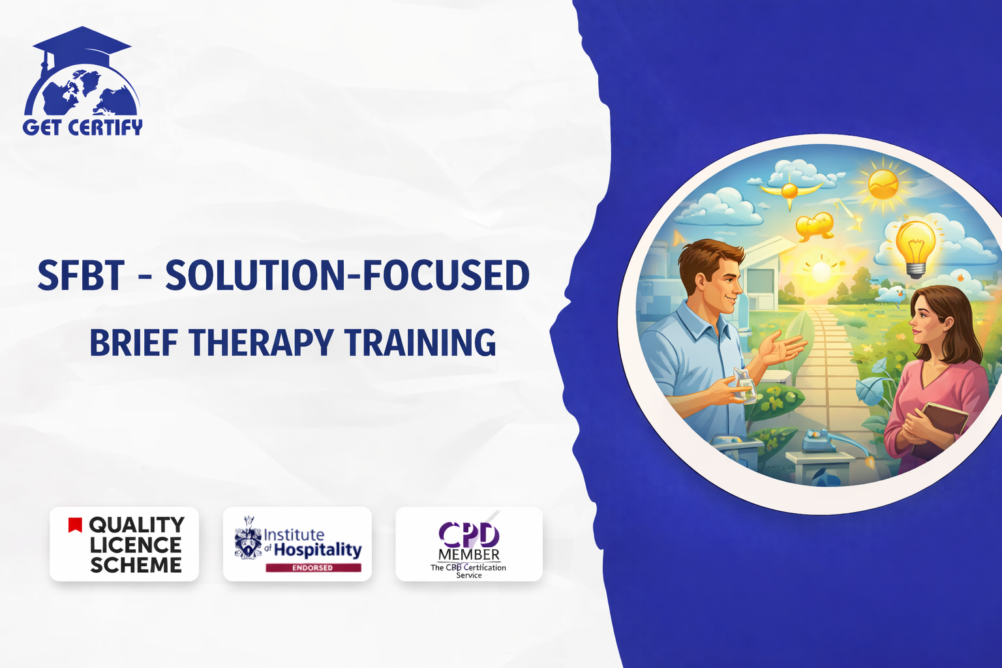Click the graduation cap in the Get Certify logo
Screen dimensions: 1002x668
82,45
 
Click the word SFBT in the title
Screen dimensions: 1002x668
80,275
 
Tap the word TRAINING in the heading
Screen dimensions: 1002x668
420,342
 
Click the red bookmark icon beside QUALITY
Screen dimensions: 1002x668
75,525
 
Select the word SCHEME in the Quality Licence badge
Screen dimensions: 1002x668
136,565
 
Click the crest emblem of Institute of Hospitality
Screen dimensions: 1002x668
249,538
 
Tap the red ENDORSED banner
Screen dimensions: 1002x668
313,568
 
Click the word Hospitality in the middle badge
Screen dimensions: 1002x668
317,550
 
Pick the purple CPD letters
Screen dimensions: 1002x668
469,535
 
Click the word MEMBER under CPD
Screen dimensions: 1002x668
469,554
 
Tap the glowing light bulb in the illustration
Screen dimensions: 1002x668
915,248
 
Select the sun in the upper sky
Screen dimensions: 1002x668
883,184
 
